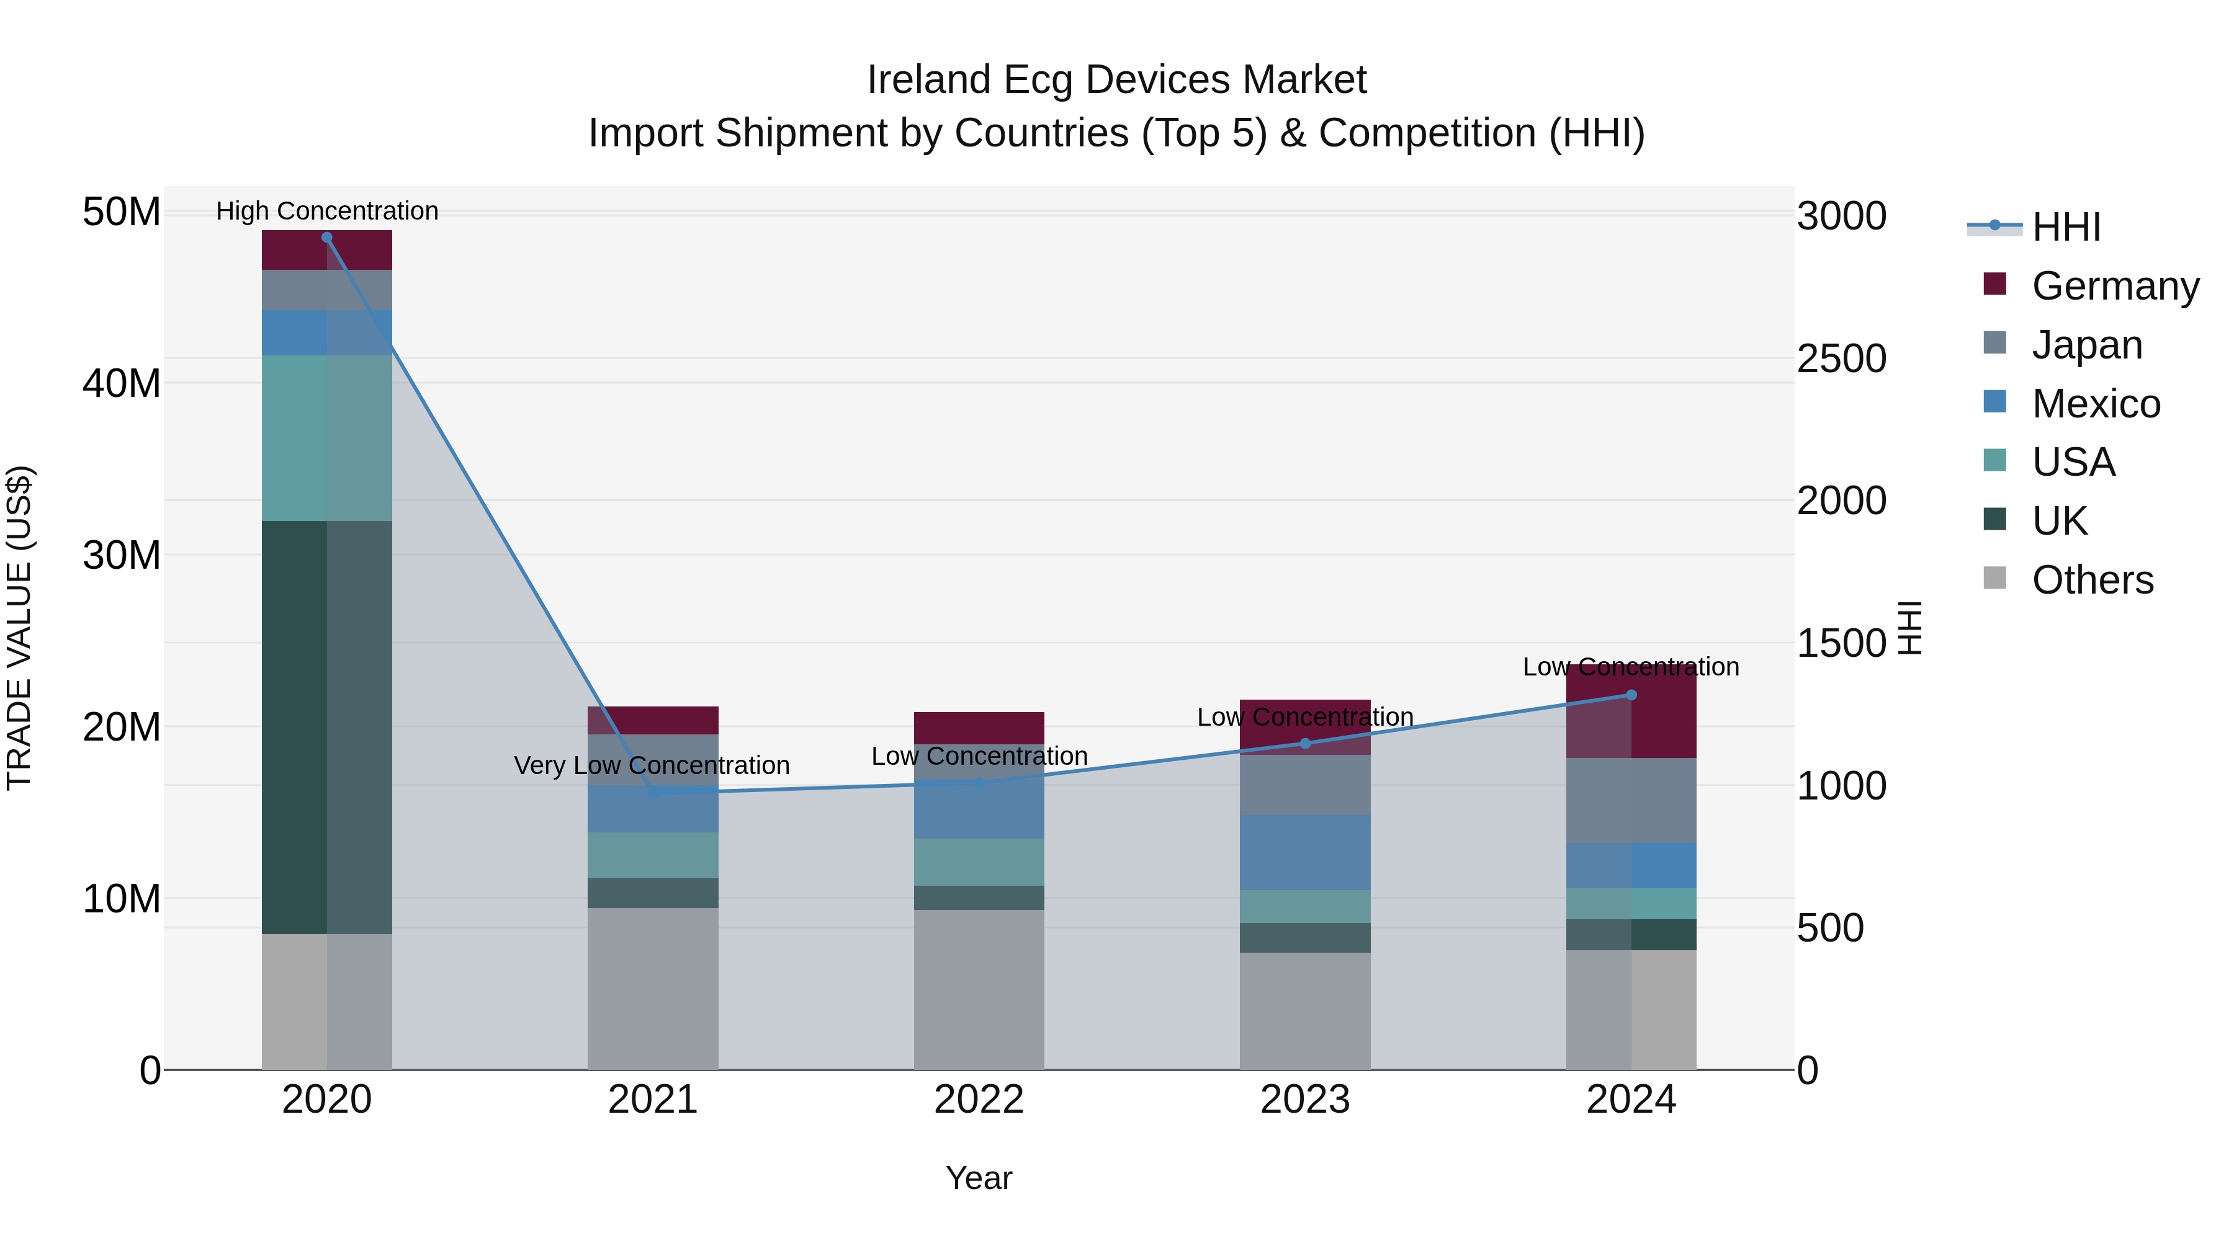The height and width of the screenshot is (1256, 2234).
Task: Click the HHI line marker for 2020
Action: coord(327,238)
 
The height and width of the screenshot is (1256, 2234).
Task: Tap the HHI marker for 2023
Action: coord(1305,743)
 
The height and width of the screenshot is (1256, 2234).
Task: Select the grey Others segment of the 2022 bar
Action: coord(979,988)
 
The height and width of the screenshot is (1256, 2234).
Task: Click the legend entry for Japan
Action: coord(2086,345)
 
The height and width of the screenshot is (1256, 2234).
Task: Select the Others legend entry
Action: coord(2092,580)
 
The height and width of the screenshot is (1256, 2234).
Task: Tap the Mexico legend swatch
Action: coord(1994,402)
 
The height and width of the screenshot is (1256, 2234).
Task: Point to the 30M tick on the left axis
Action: coord(122,555)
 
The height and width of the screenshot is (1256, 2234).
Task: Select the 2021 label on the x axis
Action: coord(652,1100)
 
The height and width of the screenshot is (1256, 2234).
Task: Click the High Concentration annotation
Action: coord(327,211)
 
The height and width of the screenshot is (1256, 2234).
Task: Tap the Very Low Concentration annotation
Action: coord(652,765)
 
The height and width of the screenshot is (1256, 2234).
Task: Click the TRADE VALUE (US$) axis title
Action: coord(19,628)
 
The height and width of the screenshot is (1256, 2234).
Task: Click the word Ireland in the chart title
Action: coord(929,80)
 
